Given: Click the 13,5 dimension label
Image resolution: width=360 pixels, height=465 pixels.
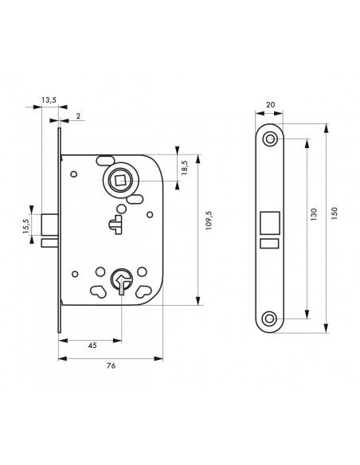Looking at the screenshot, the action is [x=49, y=100].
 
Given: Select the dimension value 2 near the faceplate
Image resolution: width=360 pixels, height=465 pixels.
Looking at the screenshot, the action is [x=78, y=116].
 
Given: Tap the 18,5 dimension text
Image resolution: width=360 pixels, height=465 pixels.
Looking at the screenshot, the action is [x=185, y=167].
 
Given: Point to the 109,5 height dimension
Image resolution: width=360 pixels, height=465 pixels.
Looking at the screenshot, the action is [x=209, y=221].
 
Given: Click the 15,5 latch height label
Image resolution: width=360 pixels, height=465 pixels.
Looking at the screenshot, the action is [x=26, y=226].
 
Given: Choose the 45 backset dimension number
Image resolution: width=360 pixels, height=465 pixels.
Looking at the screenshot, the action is [x=92, y=346].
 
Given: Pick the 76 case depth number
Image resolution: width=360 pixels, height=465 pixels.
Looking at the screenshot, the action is [x=111, y=365].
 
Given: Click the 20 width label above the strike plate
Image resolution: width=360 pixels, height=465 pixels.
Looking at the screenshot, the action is [x=270, y=104].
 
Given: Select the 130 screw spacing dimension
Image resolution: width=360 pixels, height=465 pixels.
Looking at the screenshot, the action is [x=314, y=214].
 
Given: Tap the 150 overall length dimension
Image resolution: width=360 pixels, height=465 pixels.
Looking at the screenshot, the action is [x=335, y=213].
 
